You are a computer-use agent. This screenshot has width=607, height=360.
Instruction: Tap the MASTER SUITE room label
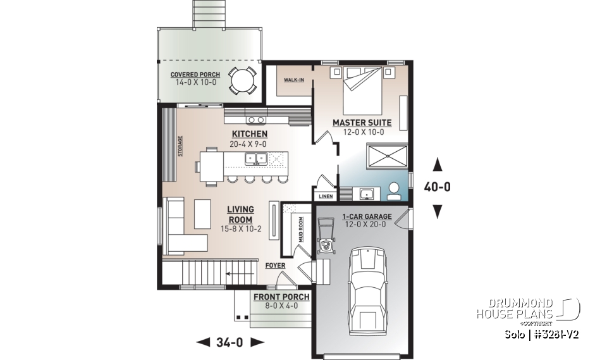tap(362, 122)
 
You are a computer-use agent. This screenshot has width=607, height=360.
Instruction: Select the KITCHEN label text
tap(249, 134)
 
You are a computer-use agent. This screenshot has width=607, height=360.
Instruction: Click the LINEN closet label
tap(326, 196)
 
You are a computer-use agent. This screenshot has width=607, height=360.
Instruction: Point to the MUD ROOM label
tap(301, 230)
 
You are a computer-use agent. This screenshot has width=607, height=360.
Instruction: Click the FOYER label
tap(274, 266)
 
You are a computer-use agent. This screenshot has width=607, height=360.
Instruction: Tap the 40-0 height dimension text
tap(436, 187)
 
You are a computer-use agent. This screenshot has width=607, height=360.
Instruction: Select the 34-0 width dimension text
tap(230, 342)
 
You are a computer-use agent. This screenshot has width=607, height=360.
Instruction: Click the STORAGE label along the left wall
tap(180, 146)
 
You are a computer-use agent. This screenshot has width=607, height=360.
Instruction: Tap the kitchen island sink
tap(257, 163)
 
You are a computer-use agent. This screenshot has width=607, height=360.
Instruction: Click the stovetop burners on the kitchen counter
tap(255, 120)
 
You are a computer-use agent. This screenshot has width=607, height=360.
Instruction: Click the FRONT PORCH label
tap(281, 297)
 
